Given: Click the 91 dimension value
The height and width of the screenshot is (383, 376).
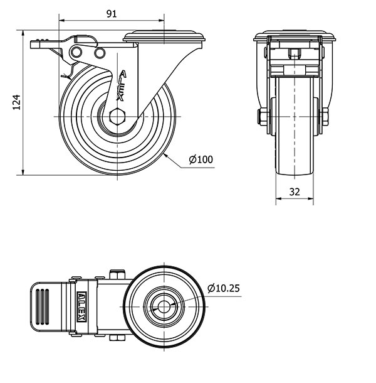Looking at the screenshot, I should click(x=112, y=13).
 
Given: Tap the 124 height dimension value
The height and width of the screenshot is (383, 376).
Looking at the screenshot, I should click(x=17, y=103).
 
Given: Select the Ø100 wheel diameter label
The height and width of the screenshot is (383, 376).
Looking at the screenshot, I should click(x=201, y=159).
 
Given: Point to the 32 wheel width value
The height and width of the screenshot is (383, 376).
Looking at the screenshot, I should click(x=295, y=192).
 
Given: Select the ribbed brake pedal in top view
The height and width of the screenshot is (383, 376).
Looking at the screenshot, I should click(x=46, y=306).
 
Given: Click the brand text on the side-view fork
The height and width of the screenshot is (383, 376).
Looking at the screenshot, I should click(x=121, y=88).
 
